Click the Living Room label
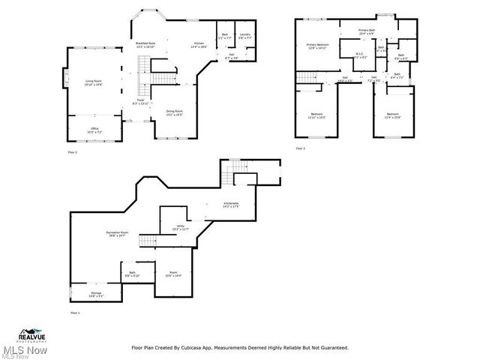click(x=94, y=82)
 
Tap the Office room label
click(x=94, y=130)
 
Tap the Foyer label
click(x=140, y=100)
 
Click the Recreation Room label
click(x=115, y=234)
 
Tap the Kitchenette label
click(x=231, y=204)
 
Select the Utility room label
click(x=181, y=226)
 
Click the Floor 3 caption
click(x=300, y=148)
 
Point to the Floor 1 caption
click(x=74, y=313)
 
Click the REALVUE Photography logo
click(x=32, y=334)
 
